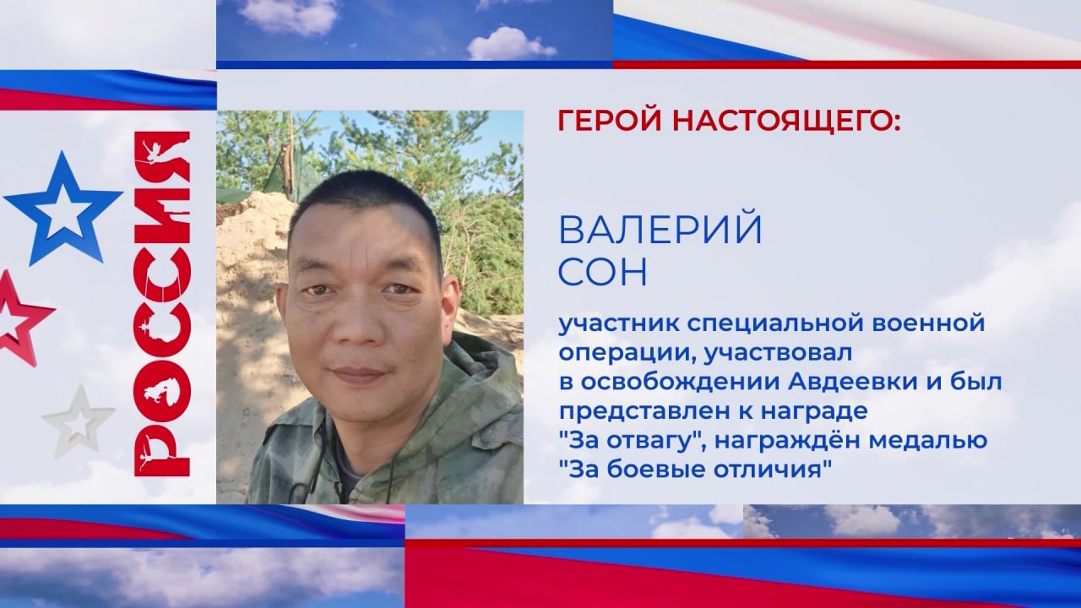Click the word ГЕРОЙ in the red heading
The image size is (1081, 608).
pyautogui.click(x=611, y=121)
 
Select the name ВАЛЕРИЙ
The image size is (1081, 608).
pyautogui.click(x=660, y=229)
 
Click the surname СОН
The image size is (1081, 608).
pyautogui.click(x=602, y=272)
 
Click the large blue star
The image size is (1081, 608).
pyautogui.click(x=62, y=209)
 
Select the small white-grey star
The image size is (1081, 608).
pyautogui.click(x=79, y=421)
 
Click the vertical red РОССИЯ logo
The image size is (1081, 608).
pyautogui.click(x=161, y=304)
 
